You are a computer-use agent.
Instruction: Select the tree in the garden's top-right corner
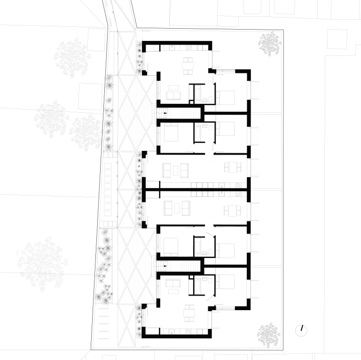[269, 44]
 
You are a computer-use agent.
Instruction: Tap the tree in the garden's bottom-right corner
[268, 335]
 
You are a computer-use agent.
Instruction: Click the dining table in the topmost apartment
[188, 66]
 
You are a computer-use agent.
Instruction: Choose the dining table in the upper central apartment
[233, 167]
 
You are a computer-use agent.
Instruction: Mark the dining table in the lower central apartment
[233, 210]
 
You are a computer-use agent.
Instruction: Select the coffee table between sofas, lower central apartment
[175, 207]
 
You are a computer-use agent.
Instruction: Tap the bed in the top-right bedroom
[226, 97]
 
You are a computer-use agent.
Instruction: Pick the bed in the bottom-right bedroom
[226, 282]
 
